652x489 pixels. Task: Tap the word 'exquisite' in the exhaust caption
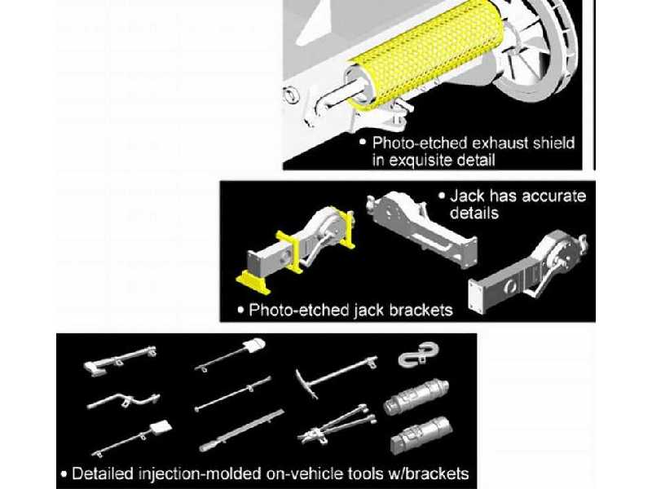[x=433, y=160]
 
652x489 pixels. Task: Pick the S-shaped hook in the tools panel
[x=418, y=355]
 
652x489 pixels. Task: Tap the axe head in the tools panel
[x=95, y=369]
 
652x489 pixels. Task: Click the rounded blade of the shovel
[x=253, y=344]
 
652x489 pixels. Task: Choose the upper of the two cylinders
[x=416, y=397]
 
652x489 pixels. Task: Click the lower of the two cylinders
[x=421, y=435]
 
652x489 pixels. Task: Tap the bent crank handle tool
[x=124, y=400]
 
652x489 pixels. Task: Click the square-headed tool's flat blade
[x=160, y=427]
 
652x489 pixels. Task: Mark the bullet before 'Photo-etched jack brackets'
[x=240, y=310]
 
